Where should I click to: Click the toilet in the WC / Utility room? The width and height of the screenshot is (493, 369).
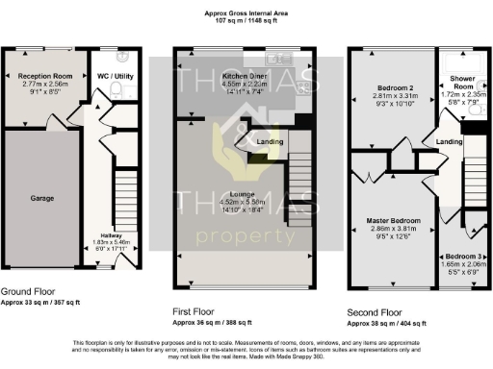tap(115, 91)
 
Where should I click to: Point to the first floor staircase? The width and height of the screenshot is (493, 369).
tap(301, 168)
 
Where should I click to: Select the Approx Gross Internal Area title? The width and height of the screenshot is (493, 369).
tap(246, 13)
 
